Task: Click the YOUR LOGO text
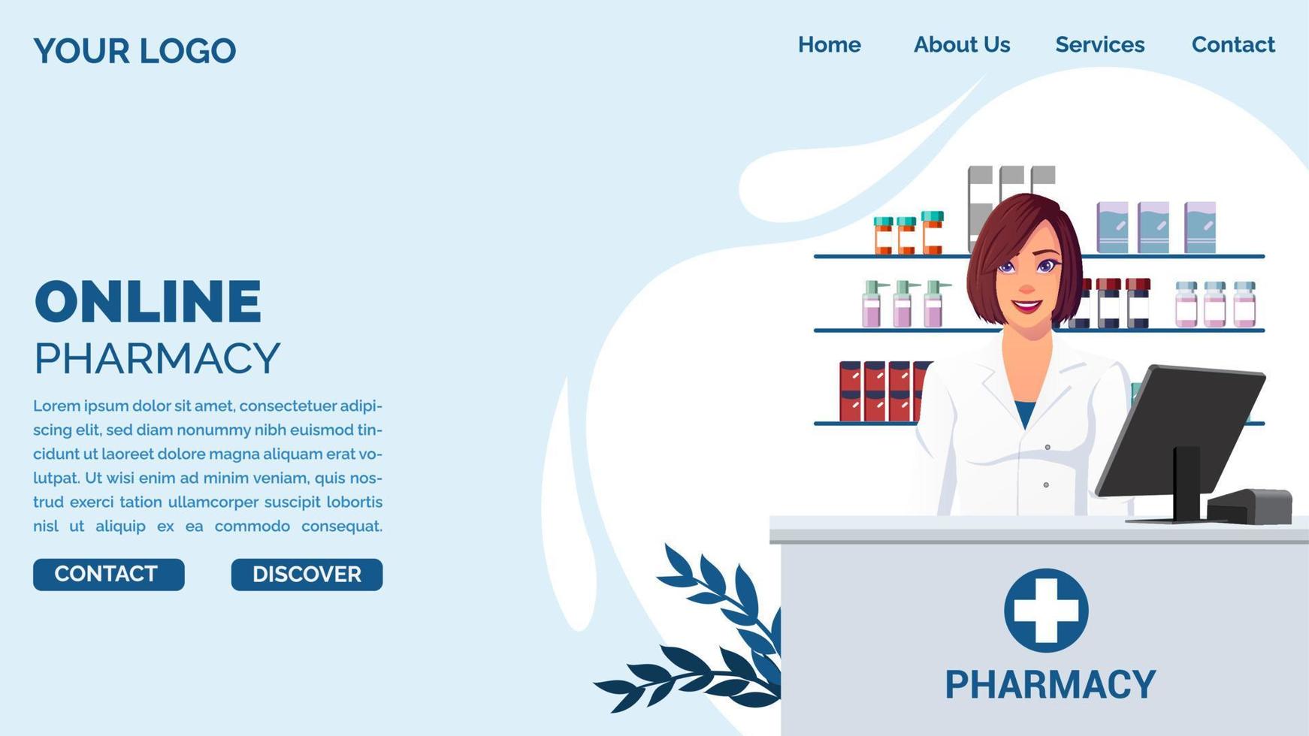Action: pyautogui.click(x=135, y=51)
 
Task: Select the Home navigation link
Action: pyautogui.click(x=829, y=45)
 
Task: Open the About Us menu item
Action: pyautogui.click(x=961, y=45)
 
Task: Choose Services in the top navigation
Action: pyautogui.click(x=1099, y=45)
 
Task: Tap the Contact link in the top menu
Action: pyautogui.click(x=1233, y=45)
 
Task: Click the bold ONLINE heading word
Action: pyautogui.click(x=148, y=302)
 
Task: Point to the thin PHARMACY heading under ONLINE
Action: pyautogui.click(x=157, y=358)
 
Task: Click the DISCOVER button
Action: pyautogui.click(x=307, y=575)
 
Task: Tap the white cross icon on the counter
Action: pyautogui.click(x=1046, y=610)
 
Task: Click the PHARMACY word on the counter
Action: pyautogui.click(x=1050, y=685)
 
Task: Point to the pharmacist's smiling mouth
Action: pyautogui.click(x=1026, y=306)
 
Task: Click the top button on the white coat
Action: pyautogui.click(x=1048, y=448)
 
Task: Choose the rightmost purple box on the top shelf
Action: pyautogui.click(x=1200, y=227)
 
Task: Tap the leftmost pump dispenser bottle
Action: pyautogui.click(x=872, y=305)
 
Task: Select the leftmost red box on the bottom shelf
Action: pyautogui.click(x=850, y=391)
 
